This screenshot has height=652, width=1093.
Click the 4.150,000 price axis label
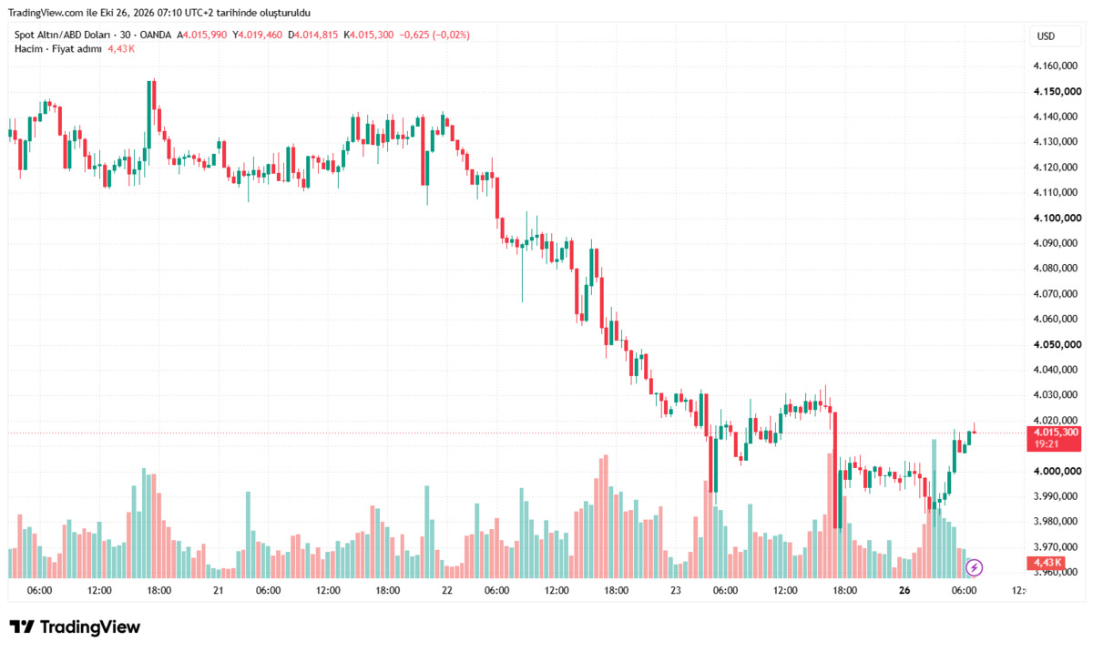(1057, 91)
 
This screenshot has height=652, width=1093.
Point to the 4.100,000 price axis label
(1057, 218)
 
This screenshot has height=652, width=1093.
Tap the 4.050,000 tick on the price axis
(1057, 344)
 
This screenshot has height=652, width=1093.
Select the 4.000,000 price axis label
(1057, 471)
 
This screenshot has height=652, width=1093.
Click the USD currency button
(1046, 36)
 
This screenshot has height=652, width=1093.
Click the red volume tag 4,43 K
(1046, 562)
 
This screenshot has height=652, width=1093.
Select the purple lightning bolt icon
(974, 567)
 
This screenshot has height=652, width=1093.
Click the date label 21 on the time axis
(218, 591)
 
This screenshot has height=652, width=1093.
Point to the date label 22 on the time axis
(447, 591)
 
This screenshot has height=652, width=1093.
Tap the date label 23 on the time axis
(675, 591)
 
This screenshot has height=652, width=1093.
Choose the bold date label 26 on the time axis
(904, 591)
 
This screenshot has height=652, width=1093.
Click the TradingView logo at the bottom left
(75, 627)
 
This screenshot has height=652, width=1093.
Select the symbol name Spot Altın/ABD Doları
(62, 36)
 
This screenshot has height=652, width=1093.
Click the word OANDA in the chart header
(155, 36)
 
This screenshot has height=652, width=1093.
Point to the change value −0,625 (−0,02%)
(434, 36)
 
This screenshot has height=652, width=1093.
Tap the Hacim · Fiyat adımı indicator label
(58, 49)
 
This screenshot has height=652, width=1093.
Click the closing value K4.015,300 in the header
(368, 36)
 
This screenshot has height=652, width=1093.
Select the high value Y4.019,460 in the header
(257, 36)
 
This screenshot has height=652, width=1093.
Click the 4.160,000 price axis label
(1056, 66)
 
